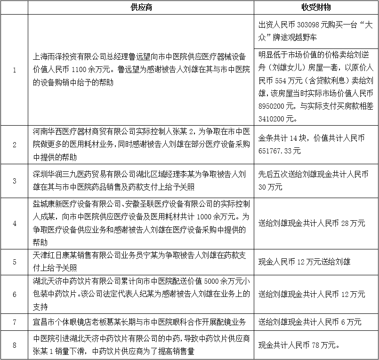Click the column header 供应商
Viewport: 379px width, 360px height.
(x=141, y=8)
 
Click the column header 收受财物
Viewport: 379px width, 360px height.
(x=316, y=8)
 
